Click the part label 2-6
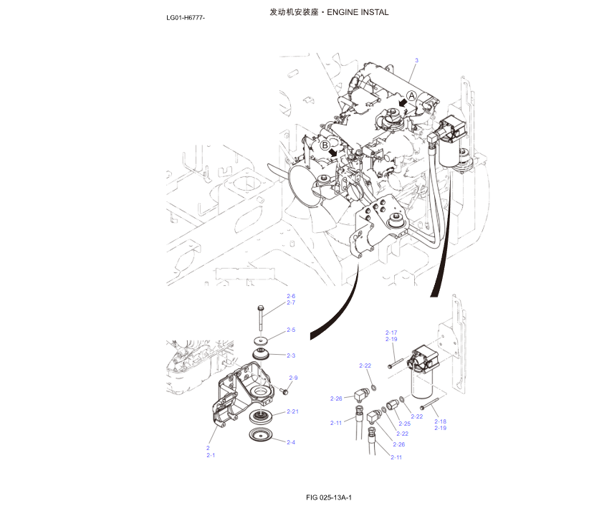point(291,296)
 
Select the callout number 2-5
point(291,330)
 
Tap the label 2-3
point(291,355)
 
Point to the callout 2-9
point(293,378)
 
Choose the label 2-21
point(292,411)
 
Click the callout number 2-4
point(291,442)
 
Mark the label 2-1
point(211,455)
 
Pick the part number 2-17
point(391,333)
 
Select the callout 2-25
point(405,424)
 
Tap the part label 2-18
point(440,421)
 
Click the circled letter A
point(411,95)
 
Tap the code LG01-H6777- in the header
point(186,17)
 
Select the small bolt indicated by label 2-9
point(284,391)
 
